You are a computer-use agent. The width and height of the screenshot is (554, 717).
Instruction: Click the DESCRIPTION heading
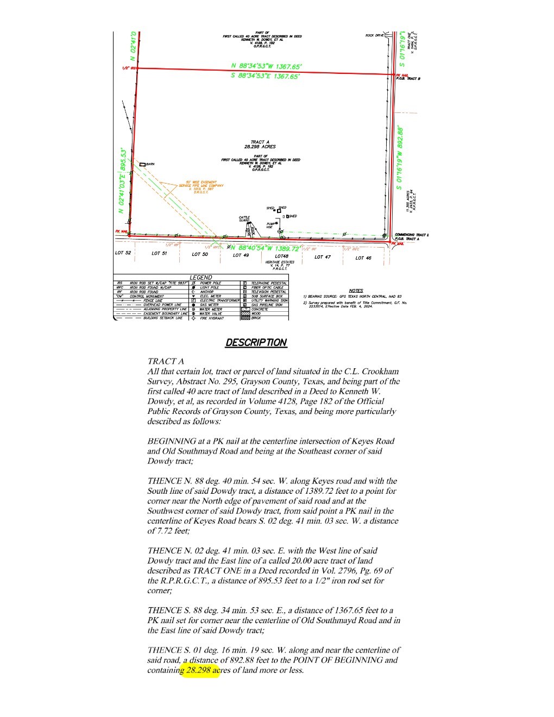(x=256, y=343)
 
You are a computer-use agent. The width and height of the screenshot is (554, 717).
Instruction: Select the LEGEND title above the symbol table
(x=200, y=277)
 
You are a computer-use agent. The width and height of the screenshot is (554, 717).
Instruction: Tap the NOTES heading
(x=356, y=291)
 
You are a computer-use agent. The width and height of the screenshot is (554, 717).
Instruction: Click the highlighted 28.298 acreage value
(x=199, y=670)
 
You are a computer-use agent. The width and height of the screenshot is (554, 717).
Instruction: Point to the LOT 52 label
(x=123, y=253)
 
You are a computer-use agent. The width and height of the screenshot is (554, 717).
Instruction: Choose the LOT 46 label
(x=363, y=258)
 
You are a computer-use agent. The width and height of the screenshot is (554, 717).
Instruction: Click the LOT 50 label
(x=200, y=254)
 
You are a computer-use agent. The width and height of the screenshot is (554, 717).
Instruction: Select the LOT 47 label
(x=323, y=257)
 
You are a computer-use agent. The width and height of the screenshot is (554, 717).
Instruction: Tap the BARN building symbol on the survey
(x=143, y=164)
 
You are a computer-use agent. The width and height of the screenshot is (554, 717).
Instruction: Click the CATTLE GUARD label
(x=244, y=219)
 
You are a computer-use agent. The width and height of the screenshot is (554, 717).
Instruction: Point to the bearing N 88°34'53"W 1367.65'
(x=266, y=67)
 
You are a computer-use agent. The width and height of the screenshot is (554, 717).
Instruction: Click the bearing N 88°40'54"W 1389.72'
(x=266, y=248)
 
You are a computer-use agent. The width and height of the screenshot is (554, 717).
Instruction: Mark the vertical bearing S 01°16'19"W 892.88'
(x=400, y=158)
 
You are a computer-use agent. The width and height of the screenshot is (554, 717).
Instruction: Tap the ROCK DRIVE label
(x=374, y=36)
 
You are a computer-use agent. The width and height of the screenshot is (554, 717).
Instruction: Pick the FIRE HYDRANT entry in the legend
(x=212, y=318)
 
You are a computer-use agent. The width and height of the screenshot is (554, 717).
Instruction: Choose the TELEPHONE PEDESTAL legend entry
(x=269, y=283)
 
